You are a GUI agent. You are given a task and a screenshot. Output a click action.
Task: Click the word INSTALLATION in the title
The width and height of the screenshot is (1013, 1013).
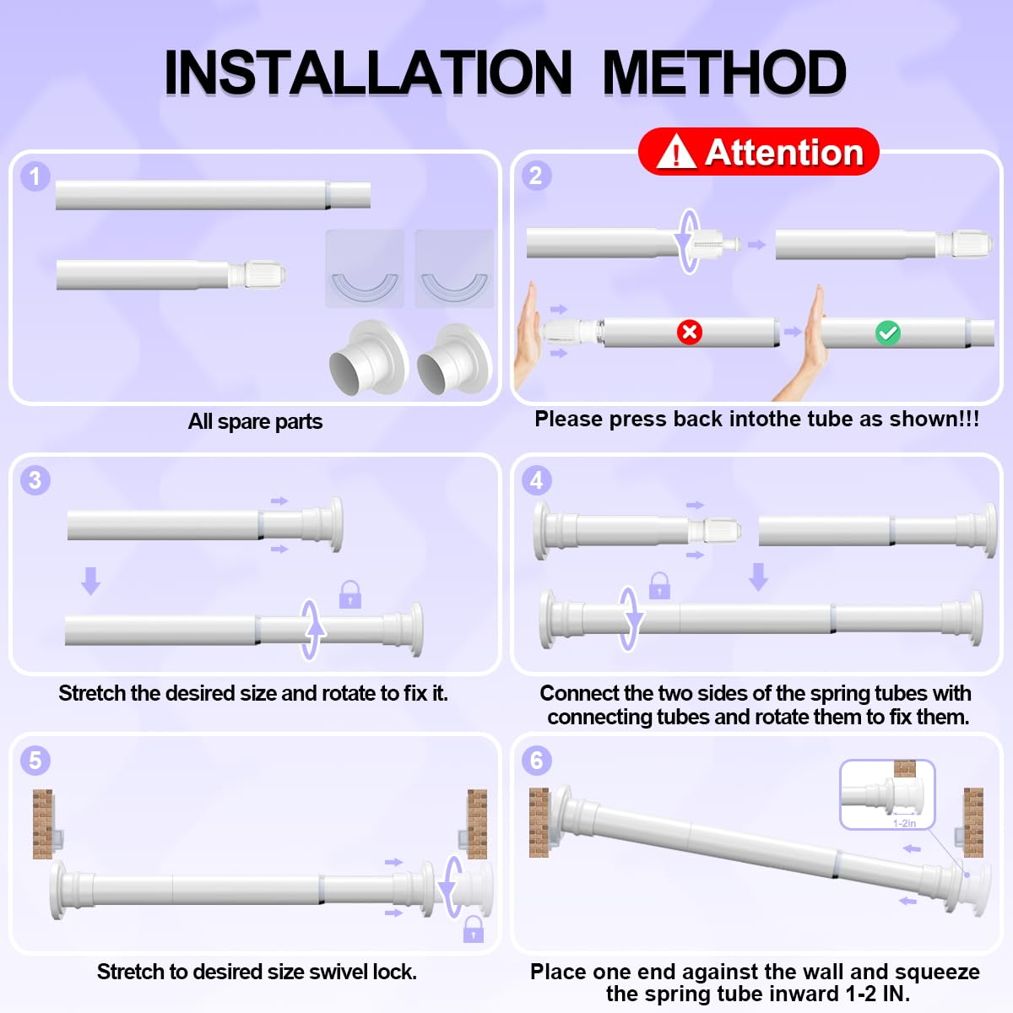pyautogui.click(x=368, y=72)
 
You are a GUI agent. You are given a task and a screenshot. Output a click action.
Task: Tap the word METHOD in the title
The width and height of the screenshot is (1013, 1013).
pyautogui.click(x=724, y=72)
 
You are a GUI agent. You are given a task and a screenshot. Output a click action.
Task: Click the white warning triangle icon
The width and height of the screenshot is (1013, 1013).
pyautogui.click(x=676, y=151)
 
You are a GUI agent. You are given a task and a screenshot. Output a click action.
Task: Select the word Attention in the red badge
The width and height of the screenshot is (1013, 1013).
pyautogui.click(x=784, y=153)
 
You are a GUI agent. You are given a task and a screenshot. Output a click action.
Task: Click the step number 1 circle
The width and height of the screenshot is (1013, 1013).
pyautogui.click(x=35, y=176)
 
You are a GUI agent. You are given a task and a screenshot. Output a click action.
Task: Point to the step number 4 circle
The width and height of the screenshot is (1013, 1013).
pyautogui.click(x=536, y=480)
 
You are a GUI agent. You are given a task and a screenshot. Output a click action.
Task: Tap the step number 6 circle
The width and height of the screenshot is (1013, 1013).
pyautogui.click(x=536, y=760)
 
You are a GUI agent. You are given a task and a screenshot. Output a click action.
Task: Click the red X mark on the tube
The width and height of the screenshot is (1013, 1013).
pyautogui.click(x=689, y=333)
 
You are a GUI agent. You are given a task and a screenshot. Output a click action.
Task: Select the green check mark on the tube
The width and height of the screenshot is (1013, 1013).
pyautogui.click(x=888, y=333)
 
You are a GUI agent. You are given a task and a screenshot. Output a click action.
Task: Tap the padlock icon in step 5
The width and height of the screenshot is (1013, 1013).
pyautogui.click(x=473, y=929)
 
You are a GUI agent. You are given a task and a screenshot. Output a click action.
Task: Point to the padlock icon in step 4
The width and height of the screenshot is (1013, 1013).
pyautogui.click(x=659, y=586)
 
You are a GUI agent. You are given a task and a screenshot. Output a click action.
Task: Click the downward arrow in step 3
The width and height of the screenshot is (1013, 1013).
pyautogui.click(x=91, y=581)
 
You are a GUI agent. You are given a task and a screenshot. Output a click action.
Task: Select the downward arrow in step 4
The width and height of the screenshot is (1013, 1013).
pyautogui.click(x=758, y=577)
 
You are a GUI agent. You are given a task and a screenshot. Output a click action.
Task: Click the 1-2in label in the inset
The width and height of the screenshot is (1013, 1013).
pyautogui.click(x=904, y=823)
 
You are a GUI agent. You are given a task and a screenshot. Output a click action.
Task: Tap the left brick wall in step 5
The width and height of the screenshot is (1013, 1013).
pyautogui.click(x=42, y=824)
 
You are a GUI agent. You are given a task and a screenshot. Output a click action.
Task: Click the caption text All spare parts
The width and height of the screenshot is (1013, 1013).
pyautogui.click(x=256, y=421)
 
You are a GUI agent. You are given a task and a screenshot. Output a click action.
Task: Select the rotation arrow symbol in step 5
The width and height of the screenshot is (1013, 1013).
pyautogui.click(x=451, y=887)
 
